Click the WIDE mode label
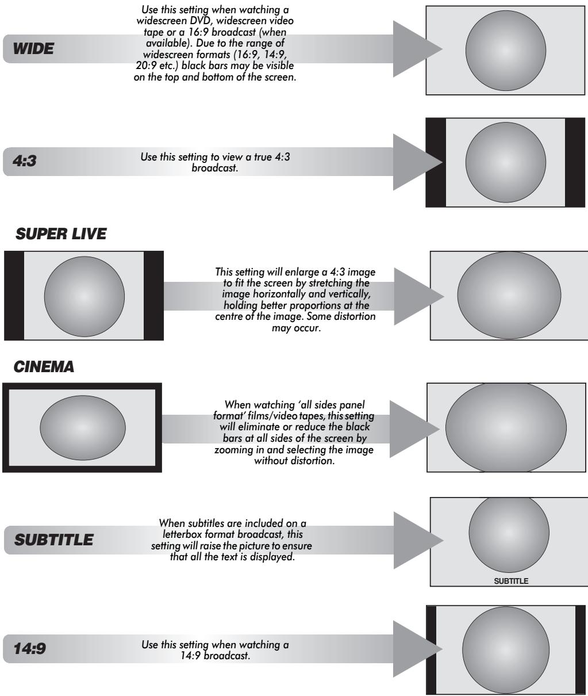point(33,48)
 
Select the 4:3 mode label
point(24,160)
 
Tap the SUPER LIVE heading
point(61,234)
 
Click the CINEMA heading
point(44,366)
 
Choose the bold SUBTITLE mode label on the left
point(54,540)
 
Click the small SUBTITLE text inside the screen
point(511,581)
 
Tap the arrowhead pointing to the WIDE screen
point(417,49)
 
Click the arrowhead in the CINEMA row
point(414,429)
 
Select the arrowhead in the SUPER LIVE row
point(419,297)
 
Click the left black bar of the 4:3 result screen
point(436,162)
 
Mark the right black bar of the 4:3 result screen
point(575,162)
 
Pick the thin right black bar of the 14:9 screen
point(581,650)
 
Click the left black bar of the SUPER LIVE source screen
point(14,295)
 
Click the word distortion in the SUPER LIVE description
point(356,316)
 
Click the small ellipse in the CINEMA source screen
point(83,427)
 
